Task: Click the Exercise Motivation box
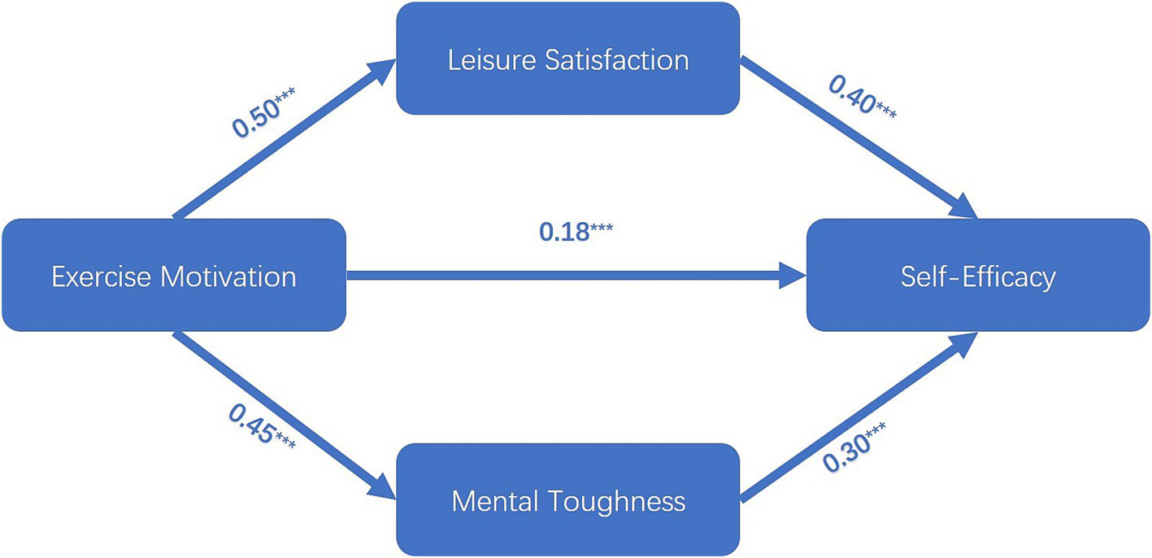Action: (173, 276)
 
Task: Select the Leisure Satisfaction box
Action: (567, 59)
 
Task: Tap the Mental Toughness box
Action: (567, 499)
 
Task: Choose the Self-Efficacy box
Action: (977, 276)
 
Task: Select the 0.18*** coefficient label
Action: (576, 230)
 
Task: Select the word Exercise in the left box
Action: (101, 277)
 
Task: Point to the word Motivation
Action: (228, 277)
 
